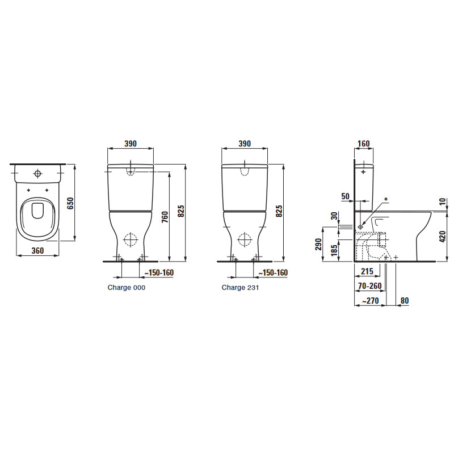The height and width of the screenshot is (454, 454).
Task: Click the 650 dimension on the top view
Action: (70, 203)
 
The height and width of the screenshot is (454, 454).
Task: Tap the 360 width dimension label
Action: (37, 251)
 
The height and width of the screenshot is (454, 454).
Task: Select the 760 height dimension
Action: (165, 217)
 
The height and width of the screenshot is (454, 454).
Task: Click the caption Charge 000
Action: (127, 288)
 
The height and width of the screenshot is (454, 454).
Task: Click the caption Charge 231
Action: (240, 288)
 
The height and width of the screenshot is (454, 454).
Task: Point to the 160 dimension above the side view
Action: (364, 144)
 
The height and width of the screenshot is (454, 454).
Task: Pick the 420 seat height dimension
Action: (443, 237)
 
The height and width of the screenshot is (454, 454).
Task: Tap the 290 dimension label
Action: (318, 245)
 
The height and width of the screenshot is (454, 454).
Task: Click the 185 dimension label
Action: (334, 250)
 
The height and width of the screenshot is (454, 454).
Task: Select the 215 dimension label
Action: (367, 271)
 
